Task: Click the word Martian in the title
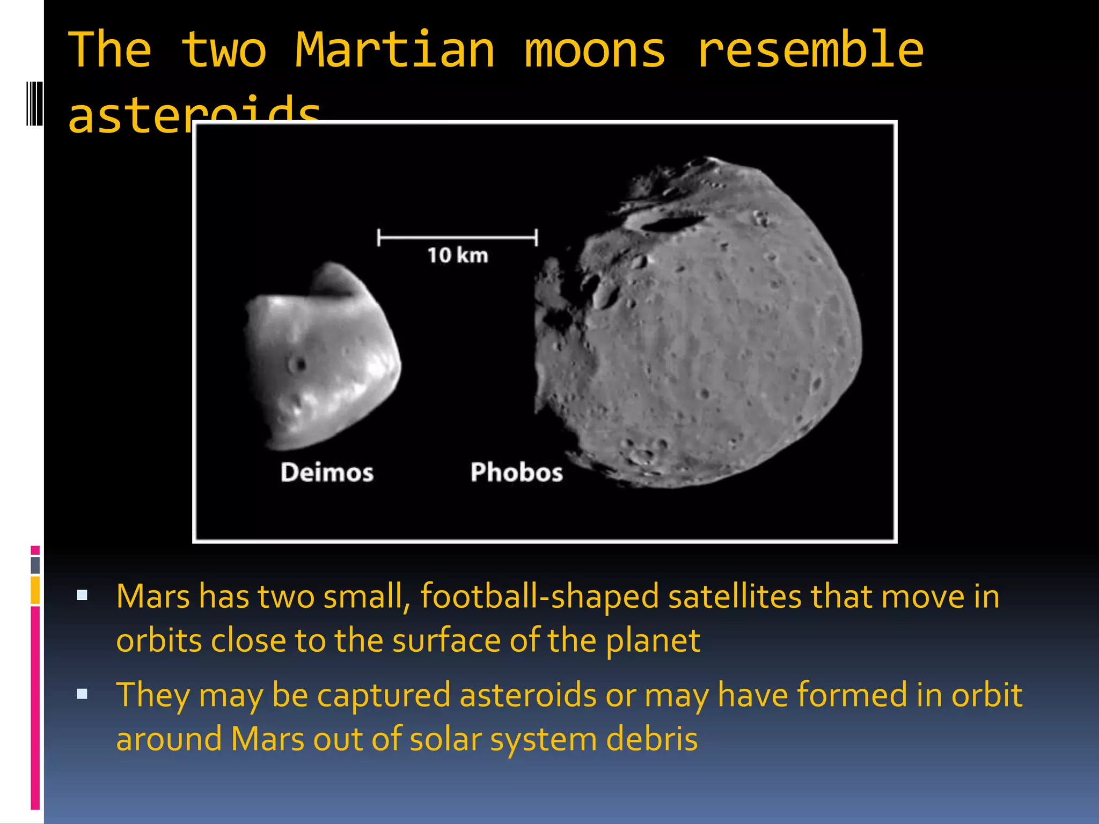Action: (x=395, y=50)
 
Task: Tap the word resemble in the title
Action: (x=810, y=50)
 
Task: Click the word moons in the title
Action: (x=595, y=50)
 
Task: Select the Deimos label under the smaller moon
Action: (x=327, y=473)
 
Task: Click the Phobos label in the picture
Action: (x=516, y=473)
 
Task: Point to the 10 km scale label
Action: (x=458, y=255)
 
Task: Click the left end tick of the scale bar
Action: (x=379, y=237)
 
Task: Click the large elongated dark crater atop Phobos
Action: (x=671, y=223)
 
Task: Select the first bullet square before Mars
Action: (x=82, y=594)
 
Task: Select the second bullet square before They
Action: (x=82, y=694)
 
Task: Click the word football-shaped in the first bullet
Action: (x=539, y=597)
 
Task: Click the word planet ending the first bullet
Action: (x=653, y=641)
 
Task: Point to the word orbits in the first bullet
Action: (x=159, y=641)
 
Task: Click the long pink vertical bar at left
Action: (x=35, y=708)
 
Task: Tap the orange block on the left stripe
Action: (x=35, y=590)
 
